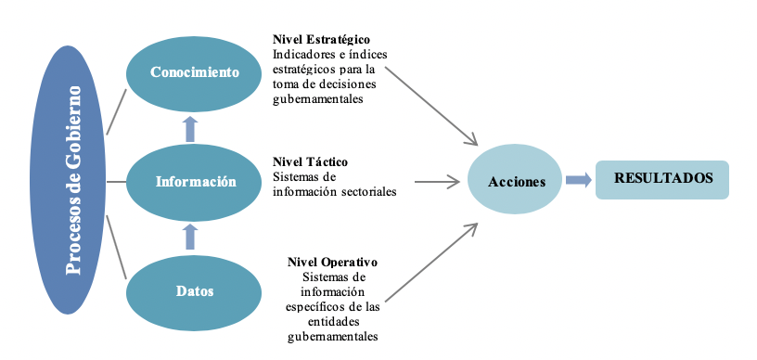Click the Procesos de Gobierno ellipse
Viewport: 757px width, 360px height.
(71, 180)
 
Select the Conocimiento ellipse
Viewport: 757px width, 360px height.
(195, 71)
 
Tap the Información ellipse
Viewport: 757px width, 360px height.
(195, 181)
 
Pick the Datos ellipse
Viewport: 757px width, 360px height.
(195, 290)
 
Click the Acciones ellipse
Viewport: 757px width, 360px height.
(517, 182)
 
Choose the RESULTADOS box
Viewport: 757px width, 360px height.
(662, 178)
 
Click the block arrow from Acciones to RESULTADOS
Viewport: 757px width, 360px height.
(578, 181)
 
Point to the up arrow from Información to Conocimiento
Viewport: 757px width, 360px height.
(190, 128)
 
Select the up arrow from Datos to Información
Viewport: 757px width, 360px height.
(190, 237)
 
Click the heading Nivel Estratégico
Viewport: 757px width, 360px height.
(321, 40)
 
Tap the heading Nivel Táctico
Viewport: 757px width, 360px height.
(310, 162)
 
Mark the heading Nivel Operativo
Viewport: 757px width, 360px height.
(332, 263)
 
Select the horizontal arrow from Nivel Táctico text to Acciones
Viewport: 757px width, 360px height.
(437, 182)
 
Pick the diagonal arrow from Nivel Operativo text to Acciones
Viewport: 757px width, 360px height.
(431, 262)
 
